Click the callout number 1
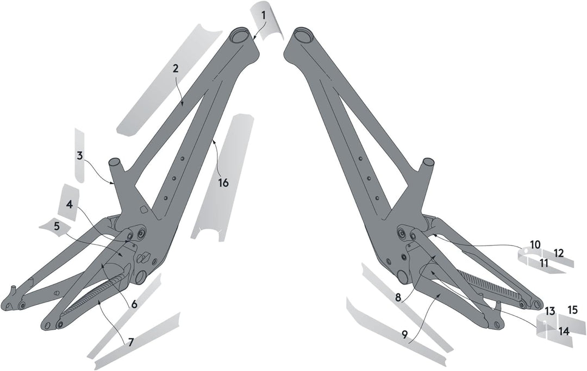264,15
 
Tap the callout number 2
176,68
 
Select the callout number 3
80,155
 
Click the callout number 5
57,227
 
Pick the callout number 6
134,304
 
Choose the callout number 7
130,342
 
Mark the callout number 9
405,335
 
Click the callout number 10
535,245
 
